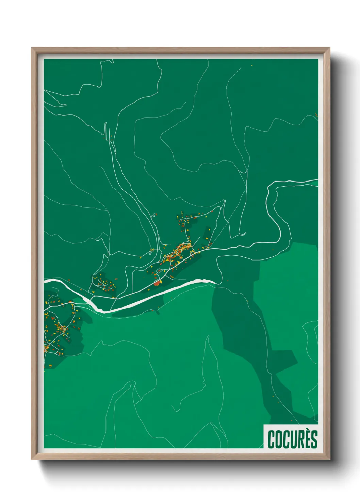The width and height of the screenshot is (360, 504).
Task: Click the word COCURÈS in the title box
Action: pos(292,439)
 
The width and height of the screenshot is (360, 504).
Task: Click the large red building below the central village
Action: pos(157,283)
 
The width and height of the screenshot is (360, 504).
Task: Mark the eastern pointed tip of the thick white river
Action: pos(215,282)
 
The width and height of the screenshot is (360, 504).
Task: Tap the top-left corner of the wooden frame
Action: pos(32,48)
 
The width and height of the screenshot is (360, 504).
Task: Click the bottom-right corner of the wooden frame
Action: pos(329,459)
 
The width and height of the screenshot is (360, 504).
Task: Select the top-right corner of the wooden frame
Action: pos(329,48)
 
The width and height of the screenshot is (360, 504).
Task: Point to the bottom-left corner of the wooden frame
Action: pos(32,459)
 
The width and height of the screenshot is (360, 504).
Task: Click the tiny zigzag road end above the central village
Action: pos(154,215)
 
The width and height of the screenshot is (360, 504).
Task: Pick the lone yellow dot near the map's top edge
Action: pos(252,65)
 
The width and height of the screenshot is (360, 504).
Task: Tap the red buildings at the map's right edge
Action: pos(316,115)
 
